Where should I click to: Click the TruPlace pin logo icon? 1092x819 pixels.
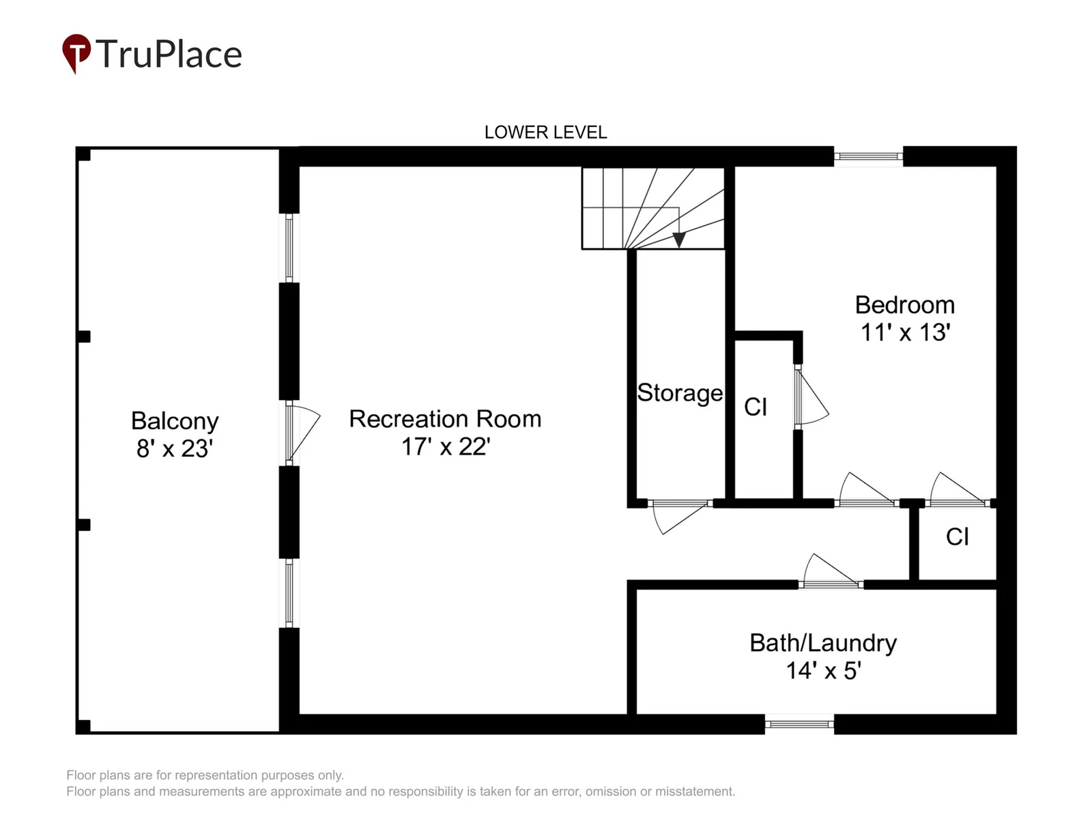click(x=76, y=53)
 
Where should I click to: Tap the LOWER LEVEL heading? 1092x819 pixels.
click(x=545, y=132)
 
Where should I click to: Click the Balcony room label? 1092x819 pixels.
click(x=175, y=421)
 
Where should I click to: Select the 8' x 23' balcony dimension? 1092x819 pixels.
click(x=175, y=448)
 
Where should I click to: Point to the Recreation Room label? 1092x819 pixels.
click(x=445, y=418)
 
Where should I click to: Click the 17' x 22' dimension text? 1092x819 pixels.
click(x=446, y=446)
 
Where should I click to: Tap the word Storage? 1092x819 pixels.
click(x=680, y=393)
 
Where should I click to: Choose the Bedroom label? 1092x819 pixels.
click(x=904, y=305)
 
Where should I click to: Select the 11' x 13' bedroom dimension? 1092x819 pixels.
click(x=906, y=332)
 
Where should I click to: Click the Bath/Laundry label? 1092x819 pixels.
click(x=823, y=643)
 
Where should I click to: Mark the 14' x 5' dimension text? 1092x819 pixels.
click(x=823, y=671)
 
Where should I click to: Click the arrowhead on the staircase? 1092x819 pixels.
click(x=678, y=240)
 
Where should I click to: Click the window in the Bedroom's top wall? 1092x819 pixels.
click(x=868, y=156)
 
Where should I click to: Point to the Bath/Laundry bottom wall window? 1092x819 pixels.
click(x=799, y=724)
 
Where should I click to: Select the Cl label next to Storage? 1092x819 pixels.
click(x=756, y=407)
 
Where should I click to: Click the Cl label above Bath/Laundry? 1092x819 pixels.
click(x=957, y=537)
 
